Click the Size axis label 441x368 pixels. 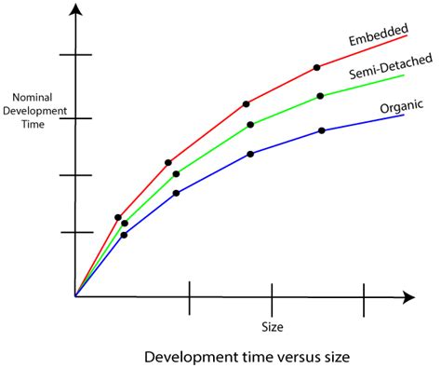(x=272, y=327)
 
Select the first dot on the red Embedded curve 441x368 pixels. (x=118, y=217)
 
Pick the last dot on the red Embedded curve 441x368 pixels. (x=317, y=67)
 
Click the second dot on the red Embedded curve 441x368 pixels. (x=168, y=163)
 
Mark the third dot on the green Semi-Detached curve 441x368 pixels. (x=250, y=125)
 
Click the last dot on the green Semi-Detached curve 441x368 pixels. (x=320, y=96)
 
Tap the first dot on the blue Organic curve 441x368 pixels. (x=125, y=235)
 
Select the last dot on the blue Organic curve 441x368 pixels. (x=321, y=130)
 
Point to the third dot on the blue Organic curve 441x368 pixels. (x=250, y=154)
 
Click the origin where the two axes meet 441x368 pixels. (x=75, y=296)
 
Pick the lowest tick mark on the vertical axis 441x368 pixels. (x=75, y=232)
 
